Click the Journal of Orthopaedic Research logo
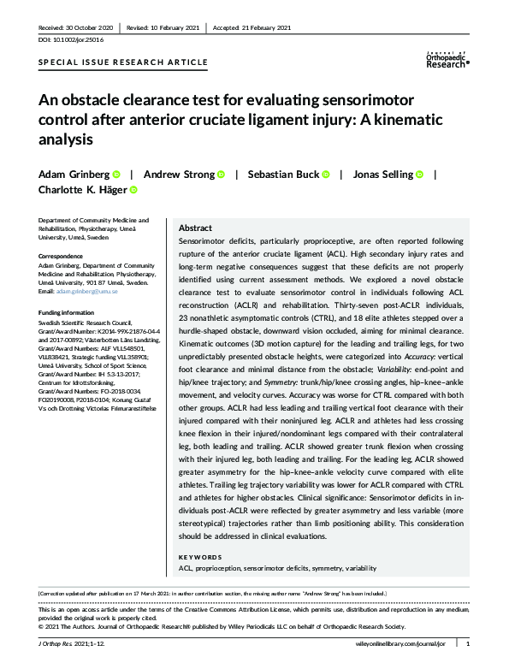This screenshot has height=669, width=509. coord(447,58)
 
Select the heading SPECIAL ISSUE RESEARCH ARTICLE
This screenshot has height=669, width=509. coord(123,63)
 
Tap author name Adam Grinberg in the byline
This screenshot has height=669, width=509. coord(73,175)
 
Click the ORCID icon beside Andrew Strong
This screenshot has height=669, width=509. coord(221,175)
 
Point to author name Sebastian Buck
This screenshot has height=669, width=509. coord(283,175)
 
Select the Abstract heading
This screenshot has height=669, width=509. coord(195,229)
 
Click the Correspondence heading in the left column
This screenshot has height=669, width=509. coord(66,256)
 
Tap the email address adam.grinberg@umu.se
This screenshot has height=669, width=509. coord(91,293)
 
